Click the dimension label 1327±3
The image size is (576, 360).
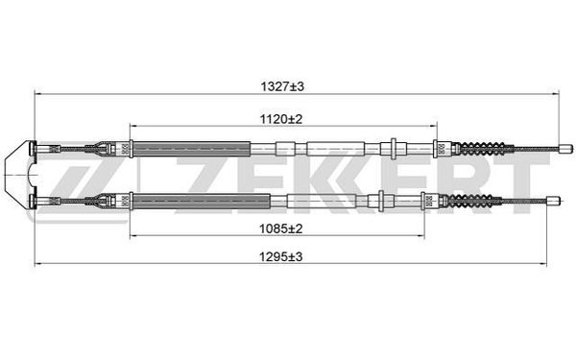click(282, 87)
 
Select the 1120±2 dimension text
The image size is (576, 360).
click(281, 119)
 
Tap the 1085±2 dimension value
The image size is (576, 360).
click(281, 228)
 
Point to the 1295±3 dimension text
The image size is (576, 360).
click(281, 256)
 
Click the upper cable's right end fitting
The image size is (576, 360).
click(565, 149)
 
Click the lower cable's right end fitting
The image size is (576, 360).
click(553, 201)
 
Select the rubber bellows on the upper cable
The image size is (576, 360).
click(482, 149)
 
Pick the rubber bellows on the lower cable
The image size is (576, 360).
click(470, 201)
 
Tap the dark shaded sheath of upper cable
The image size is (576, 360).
click(191, 149)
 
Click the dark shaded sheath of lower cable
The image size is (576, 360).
click(202, 201)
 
